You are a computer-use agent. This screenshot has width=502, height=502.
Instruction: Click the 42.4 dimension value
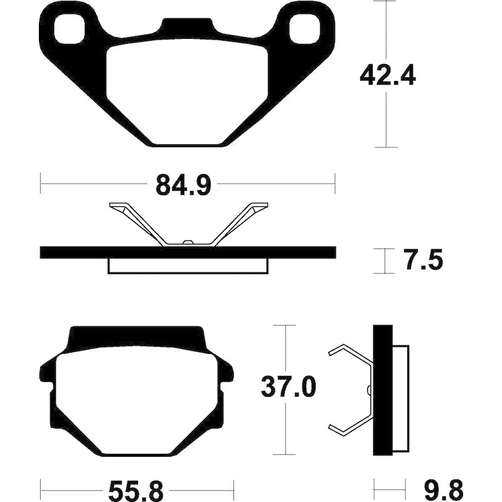click(x=388, y=76)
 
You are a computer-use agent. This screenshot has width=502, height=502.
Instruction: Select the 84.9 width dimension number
click(x=183, y=185)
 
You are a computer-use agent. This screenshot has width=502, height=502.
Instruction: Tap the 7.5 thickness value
click(x=424, y=260)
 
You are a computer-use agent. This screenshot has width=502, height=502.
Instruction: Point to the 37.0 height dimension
click(x=289, y=387)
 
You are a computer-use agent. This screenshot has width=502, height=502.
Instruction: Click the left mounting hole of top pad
click(x=70, y=29)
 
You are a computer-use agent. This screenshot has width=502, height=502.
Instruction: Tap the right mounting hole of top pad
click(x=304, y=28)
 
